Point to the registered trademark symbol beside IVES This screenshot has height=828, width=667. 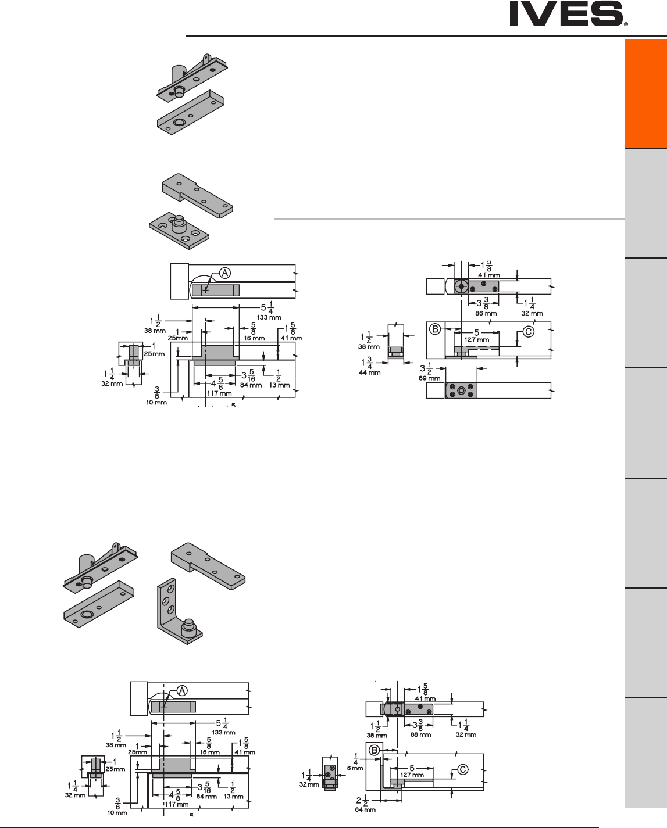[x=626, y=26]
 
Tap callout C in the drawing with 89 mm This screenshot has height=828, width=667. [x=528, y=332]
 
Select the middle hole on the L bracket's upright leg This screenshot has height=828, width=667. [x=169, y=599]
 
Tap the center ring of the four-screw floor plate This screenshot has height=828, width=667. [x=461, y=391]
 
